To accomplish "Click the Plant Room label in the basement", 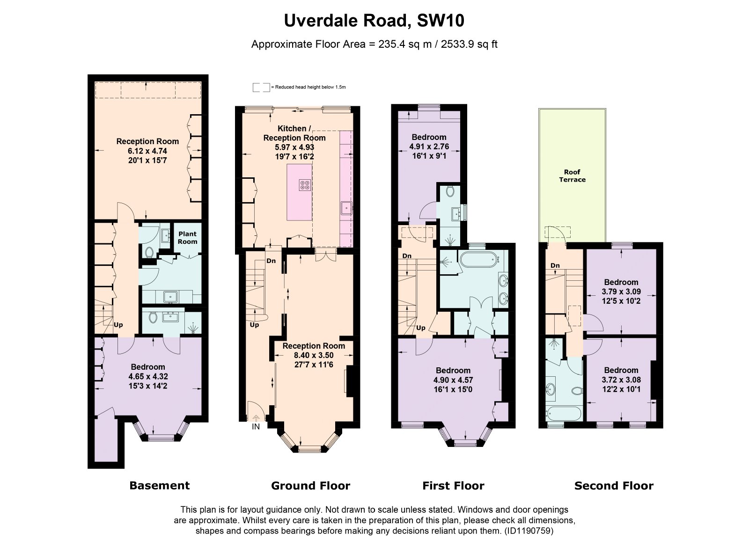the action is click(x=187, y=238).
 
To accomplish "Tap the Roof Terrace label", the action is click(x=572, y=176).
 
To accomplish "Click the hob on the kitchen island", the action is click(x=305, y=185).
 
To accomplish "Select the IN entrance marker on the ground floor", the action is click(x=256, y=426).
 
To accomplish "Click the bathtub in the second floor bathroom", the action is click(x=564, y=414).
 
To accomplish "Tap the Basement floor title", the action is click(x=160, y=485).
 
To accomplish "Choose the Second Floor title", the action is click(x=614, y=485).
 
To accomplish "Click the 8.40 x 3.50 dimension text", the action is click(x=314, y=355).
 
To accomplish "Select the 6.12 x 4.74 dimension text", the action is click(x=147, y=151).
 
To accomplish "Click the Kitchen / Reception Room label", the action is click(x=294, y=133).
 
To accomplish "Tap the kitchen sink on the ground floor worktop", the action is click(x=347, y=208).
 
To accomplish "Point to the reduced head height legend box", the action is click(x=261, y=87).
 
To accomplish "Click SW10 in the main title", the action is click(x=441, y=21).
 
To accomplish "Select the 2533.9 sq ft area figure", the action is click(x=469, y=44).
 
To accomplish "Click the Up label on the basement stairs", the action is click(x=118, y=325).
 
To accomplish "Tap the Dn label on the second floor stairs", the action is click(x=555, y=265).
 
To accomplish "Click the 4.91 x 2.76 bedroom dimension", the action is click(x=429, y=146).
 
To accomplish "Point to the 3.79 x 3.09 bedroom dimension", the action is click(x=621, y=292).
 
